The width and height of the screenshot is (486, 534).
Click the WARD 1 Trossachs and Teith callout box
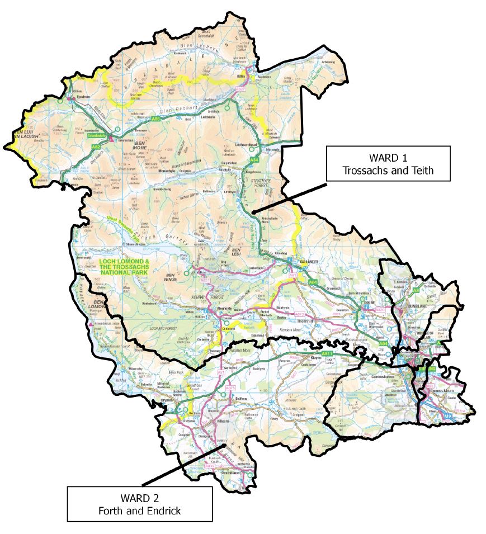[389, 164]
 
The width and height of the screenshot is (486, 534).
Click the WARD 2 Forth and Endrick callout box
[140, 503]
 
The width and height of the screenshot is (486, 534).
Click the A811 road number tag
[327, 354]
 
